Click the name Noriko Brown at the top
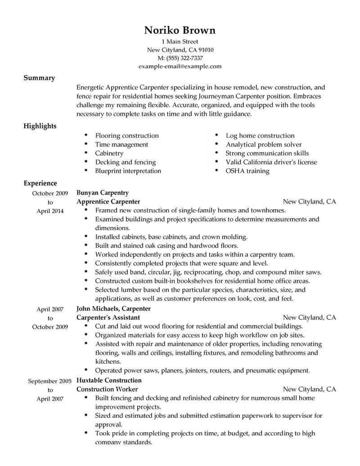click(x=180, y=30)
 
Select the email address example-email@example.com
click(x=180, y=66)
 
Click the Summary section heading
click(x=39, y=78)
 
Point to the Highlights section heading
click(x=40, y=126)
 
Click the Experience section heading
click(x=40, y=183)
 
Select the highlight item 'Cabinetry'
click(x=109, y=153)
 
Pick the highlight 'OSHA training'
click(x=247, y=171)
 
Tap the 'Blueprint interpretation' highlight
click(x=128, y=171)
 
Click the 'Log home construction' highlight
click(x=260, y=136)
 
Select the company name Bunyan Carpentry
click(x=103, y=193)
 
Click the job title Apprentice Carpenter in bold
click(x=108, y=201)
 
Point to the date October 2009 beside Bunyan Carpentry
click(x=50, y=193)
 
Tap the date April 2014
click(x=50, y=211)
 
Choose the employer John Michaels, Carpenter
click(x=113, y=309)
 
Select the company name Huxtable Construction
click(x=109, y=380)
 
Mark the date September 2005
click(x=50, y=381)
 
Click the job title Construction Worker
click(x=107, y=389)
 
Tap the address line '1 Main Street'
click(x=180, y=42)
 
